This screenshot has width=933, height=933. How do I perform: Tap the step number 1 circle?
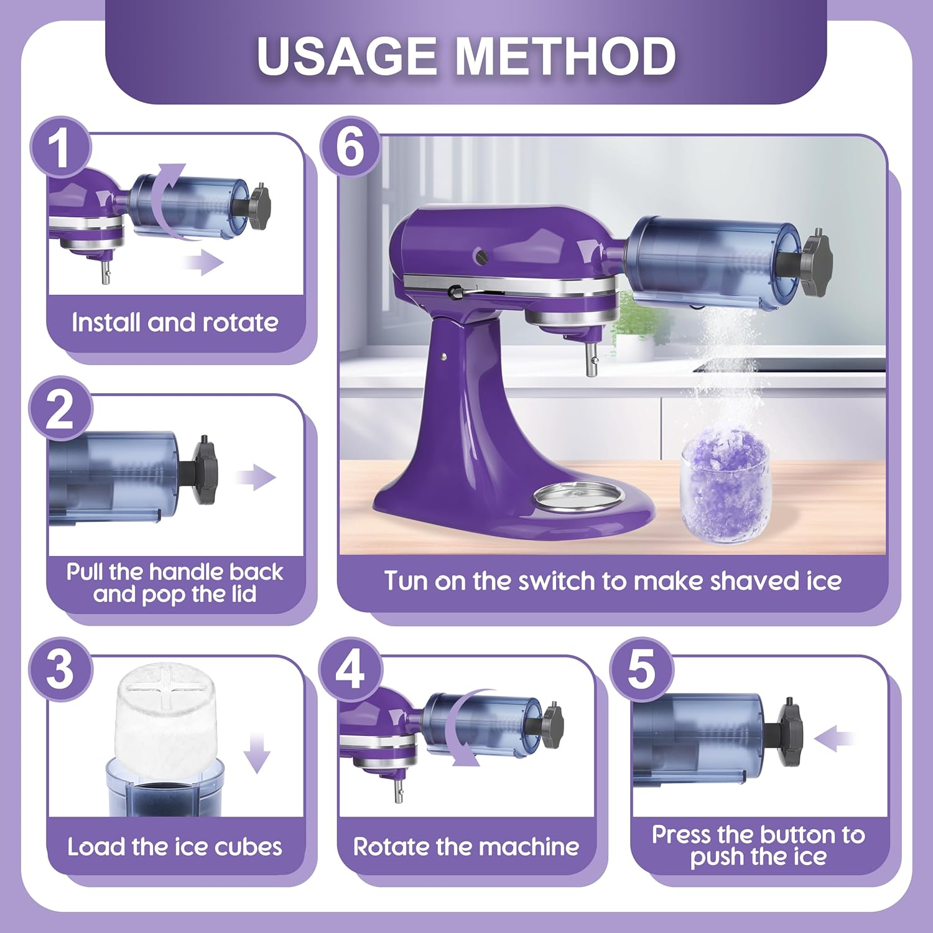[x=60, y=148]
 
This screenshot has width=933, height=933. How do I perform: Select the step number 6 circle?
[x=350, y=147]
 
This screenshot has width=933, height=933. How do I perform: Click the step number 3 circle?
[x=60, y=669]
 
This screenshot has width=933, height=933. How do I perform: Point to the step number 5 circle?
[x=641, y=669]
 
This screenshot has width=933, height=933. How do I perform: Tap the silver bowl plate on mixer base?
[x=578, y=497]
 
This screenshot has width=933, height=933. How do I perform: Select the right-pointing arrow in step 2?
[x=256, y=478]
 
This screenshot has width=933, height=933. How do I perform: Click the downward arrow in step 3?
[x=257, y=753]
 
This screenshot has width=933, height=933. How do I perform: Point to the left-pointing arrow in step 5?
[x=834, y=739]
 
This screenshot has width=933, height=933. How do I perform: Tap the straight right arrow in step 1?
[x=205, y=263]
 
